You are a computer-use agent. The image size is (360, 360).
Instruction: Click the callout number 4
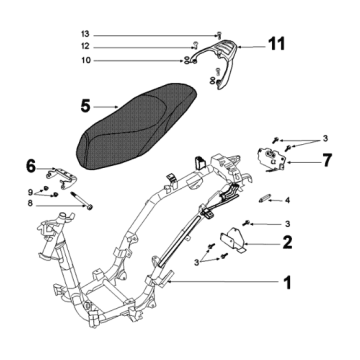pos(287,200)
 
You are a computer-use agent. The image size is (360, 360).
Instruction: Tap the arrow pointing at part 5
pos(111,106)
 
